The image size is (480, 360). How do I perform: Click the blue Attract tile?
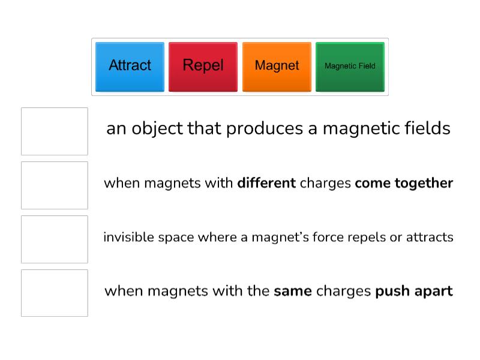click(x=130, y=66)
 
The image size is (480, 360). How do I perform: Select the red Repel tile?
click(x=203, y=66)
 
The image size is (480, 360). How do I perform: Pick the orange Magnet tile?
click(x=277, y=66)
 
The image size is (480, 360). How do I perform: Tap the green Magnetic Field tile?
click(x=350, y=66)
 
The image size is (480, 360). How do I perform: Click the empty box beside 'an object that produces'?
click(x=55, y=131)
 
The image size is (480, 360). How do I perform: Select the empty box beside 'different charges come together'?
click(x=55, y=185)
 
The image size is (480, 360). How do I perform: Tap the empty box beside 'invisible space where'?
click(x=55, y=239)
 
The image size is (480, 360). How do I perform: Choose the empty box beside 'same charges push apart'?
click(x=55, y=293)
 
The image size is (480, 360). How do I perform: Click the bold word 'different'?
click(x=266, y=183)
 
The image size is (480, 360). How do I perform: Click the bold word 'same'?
click(x=292, y=292)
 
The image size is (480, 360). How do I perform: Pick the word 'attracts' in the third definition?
click(x=430, y=238)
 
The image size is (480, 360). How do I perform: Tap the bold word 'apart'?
click(x=432, y=292)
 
